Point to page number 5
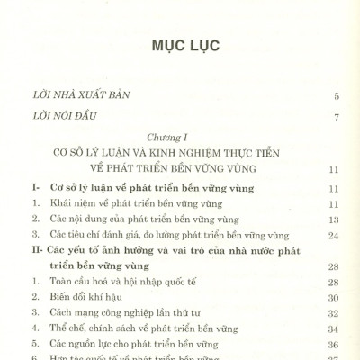(x=336, y=95)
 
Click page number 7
(x=336, y=118)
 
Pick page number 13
(x=333, y=219)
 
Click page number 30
(x=333, y=294)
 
